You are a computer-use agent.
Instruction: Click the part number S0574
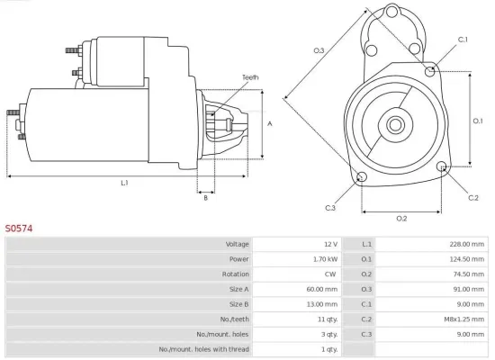pyautogui.click(x=20, y=229)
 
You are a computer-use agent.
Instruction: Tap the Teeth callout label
pyautogui.click(x=250, y=77)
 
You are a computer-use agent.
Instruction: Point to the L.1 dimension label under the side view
pyautogui.click(x=125, y=183)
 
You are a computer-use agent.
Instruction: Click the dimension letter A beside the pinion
pyautogui.click(x=270, y=123)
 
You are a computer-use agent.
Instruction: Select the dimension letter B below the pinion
pyautogui.click(x=206, y=198)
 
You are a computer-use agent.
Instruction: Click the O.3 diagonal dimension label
pyautogui.click(x=319, y=50)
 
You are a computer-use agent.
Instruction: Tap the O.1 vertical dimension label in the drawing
pyautogui.click(x=478, y=120)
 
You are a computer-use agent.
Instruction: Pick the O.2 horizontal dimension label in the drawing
pyautogui.click(x=401, y=219)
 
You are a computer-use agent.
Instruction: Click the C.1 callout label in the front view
pyautogui.click(x=463, y=40)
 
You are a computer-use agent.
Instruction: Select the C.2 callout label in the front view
pyautogui.click(x=473, y=196)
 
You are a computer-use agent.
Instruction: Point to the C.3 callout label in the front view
pyautogui.click(x=331, y=209)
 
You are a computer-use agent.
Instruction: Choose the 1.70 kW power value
pyautogui.click(x=324, y=259)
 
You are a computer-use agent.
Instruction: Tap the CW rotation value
pyautogui.click(x=330, y=274)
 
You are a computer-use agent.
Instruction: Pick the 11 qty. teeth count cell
pyautogui.click(x=326, y=319)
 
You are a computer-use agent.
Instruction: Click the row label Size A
pyautogui.click(x=236, y=289)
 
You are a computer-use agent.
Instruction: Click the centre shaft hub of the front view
pyautogui.click(x=396, y=122)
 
